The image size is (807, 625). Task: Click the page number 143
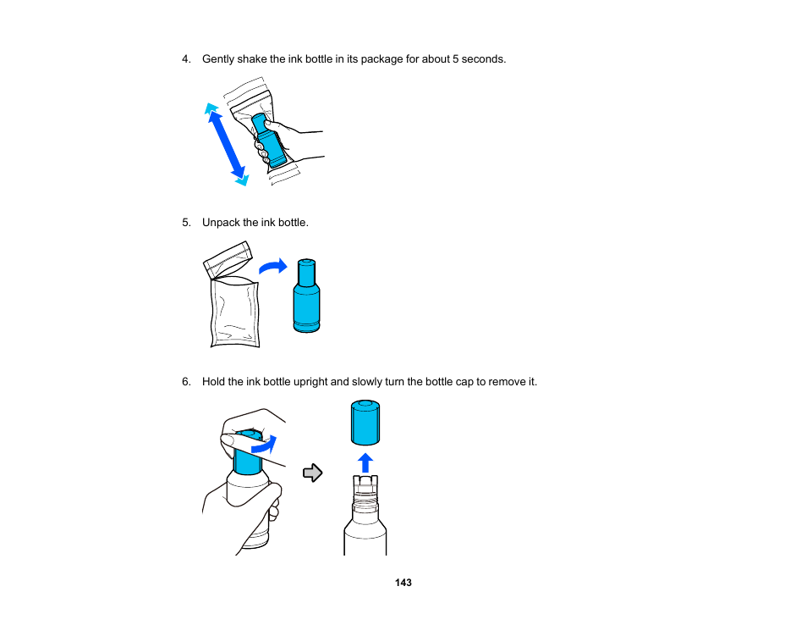403,583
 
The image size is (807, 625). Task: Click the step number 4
186,58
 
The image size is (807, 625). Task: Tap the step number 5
186,222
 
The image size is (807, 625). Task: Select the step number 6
186,381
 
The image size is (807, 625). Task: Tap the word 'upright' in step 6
310,382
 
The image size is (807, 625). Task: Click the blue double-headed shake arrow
227,144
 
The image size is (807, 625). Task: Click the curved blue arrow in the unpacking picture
273,267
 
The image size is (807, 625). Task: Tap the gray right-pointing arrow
312,473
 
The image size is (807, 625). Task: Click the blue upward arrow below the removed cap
365,462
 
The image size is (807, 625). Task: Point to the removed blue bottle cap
365,422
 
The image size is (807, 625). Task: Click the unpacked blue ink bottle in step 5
306,296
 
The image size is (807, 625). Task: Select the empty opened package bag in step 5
234,312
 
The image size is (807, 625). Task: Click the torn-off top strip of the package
228,259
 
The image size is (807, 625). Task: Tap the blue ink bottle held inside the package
269,141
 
